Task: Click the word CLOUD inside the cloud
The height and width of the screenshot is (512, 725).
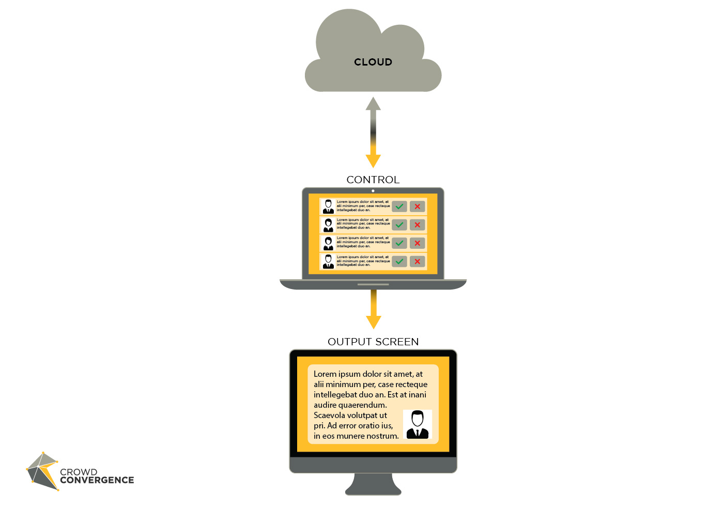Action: point(373,62)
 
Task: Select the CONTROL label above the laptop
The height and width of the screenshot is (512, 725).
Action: point(373,180)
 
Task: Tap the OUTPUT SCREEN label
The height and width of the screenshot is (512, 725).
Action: point(373,342)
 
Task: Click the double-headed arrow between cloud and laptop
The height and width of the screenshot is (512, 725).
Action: point(373,132)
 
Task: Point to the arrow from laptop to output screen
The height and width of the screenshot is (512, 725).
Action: point(373,309)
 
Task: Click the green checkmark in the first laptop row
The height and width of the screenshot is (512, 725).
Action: point(399,206)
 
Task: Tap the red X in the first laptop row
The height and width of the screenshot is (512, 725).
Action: point(418,206)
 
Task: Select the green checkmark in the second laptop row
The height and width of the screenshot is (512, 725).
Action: point(399,225)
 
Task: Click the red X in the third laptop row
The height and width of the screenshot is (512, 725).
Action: point(418,243)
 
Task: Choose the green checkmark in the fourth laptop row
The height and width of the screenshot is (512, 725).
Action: point(399,262)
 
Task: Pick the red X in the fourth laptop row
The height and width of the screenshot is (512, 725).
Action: point(418,262)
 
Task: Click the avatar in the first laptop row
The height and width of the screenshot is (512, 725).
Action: point(328,206)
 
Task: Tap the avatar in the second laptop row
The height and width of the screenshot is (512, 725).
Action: point(328,225)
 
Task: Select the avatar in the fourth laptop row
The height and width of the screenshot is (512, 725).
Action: point(328,262)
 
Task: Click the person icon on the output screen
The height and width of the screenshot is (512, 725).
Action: point(418,424)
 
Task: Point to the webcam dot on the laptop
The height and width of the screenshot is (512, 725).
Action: point(373,191)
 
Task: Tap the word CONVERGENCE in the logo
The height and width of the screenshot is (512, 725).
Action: point(97,481)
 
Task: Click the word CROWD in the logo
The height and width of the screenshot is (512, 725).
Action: point(79,472)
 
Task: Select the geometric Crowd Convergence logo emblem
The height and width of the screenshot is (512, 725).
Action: point(42,471)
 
